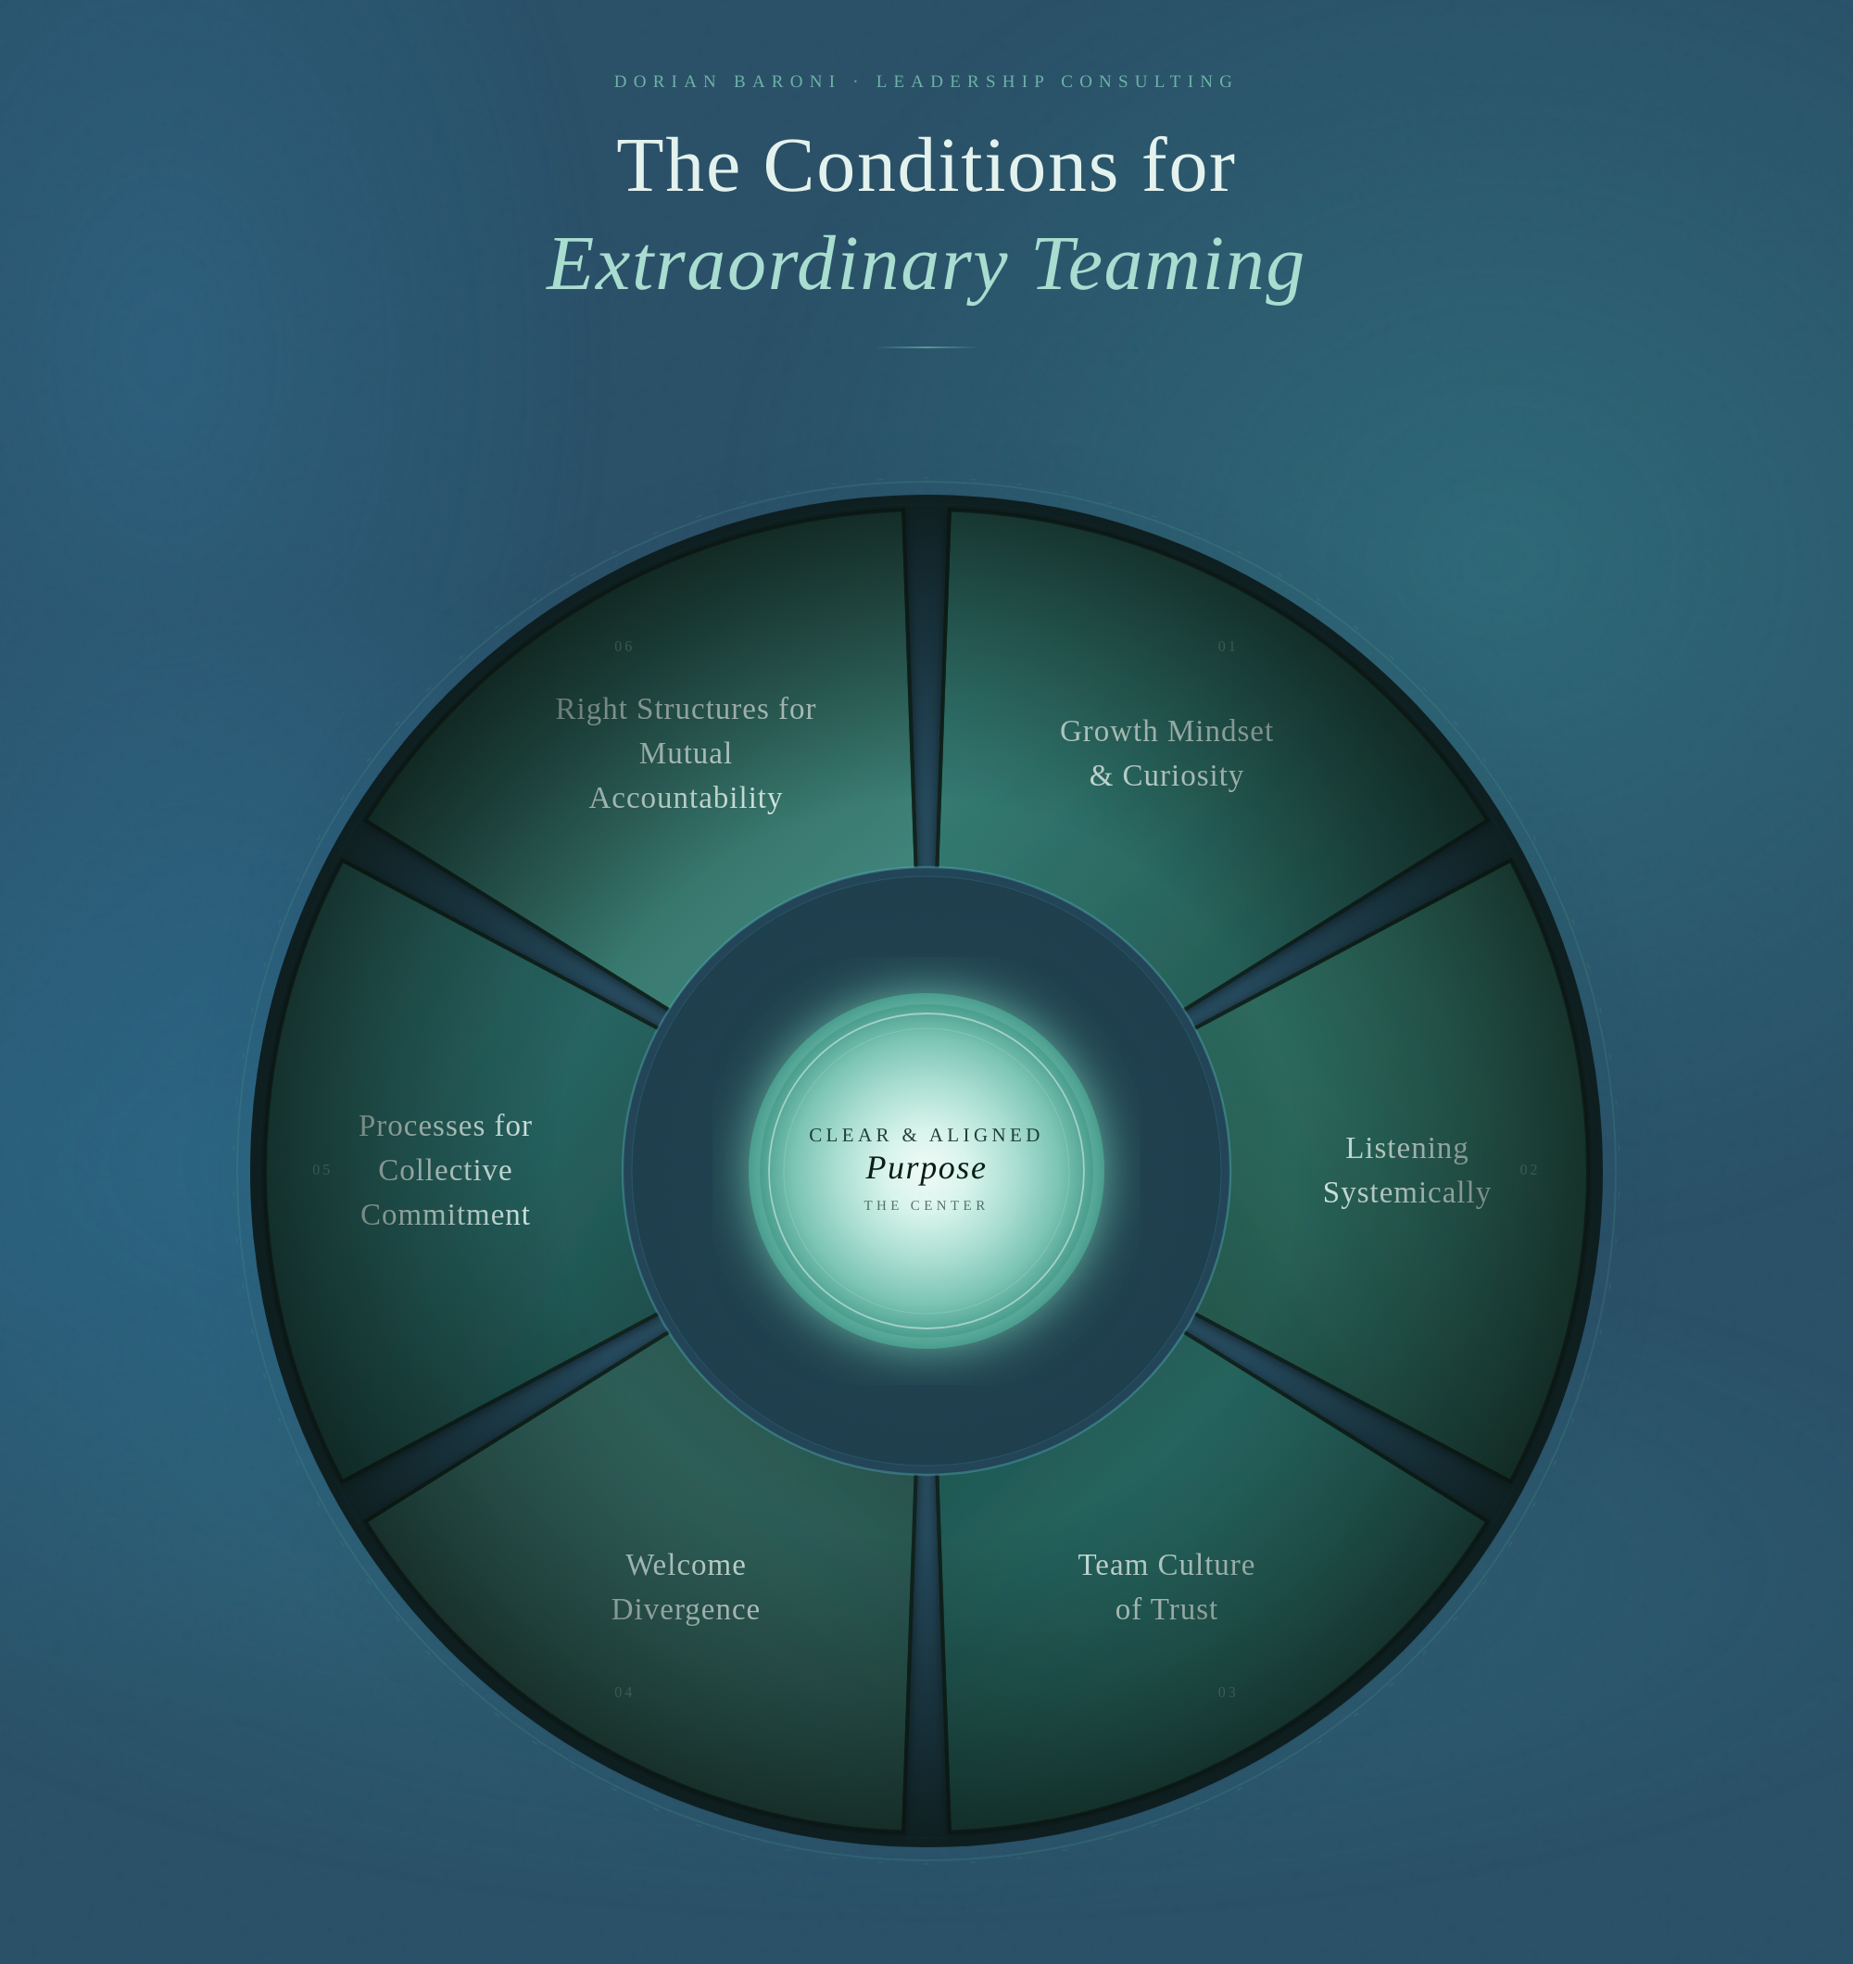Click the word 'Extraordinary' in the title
point(776,265)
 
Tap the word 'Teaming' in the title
point(1168,265)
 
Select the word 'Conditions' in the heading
point(939,166)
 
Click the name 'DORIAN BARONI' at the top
point(726,81)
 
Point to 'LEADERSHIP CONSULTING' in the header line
point(1055,81)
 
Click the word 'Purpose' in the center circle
point(926,1167)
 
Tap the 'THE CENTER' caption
point(926,1205)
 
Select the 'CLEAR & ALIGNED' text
point(926,1135)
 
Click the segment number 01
point(1228,646)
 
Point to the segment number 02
point(1529,1170)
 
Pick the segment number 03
point(1228,1693)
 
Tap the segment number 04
point(624,1693)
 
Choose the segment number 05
point(322,1170)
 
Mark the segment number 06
point(624,646)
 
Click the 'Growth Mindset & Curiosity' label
point(1166,753)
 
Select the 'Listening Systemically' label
point(1406,1170)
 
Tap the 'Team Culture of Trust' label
point(1166,1587)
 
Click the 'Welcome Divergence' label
point(686,1587)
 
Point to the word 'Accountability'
point(686,798)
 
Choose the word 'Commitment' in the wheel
point(446,1215)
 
